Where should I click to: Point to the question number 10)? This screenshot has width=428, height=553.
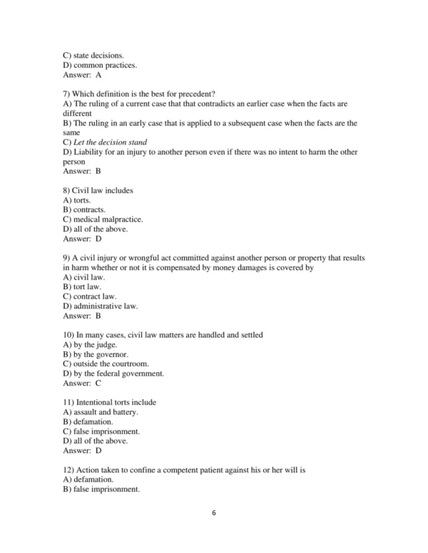point(70,334)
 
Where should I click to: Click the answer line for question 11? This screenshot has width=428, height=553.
point(83,450)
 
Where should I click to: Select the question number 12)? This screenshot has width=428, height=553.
point(70,470)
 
